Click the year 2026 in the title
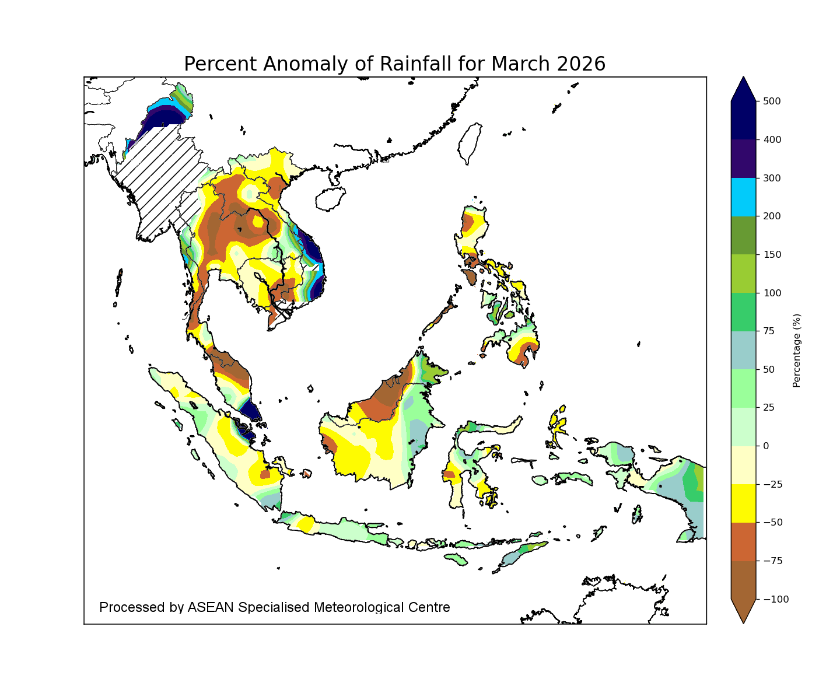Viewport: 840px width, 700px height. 581,64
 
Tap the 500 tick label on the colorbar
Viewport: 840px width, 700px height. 772,101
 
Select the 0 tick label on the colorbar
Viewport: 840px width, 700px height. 765,446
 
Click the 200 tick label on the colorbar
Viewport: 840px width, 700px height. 772,216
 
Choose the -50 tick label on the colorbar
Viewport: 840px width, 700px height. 772,522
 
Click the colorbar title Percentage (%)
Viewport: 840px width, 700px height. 797,350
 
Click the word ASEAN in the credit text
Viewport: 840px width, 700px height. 211,607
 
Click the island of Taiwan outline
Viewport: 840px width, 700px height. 470,143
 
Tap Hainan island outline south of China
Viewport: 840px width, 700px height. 331,198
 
